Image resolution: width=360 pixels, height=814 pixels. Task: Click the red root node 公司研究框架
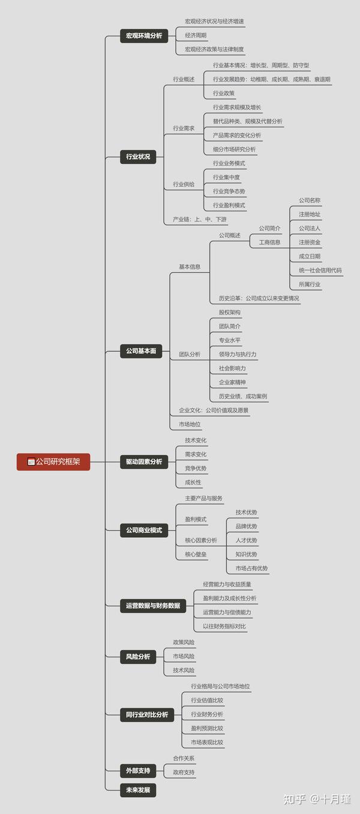(53, 462)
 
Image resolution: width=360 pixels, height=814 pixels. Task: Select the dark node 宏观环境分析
(144, 35)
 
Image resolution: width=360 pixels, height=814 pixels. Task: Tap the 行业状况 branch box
(138, 157)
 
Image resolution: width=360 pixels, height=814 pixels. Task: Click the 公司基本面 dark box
(141, 351)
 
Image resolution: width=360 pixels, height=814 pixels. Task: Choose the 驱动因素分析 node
(144, 462)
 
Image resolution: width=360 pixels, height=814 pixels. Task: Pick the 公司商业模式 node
(144, 530)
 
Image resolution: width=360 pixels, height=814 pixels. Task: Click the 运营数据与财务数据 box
(153, 606)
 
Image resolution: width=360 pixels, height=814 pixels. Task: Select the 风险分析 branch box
(138, 656)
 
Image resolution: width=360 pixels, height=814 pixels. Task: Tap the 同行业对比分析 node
(147, 714)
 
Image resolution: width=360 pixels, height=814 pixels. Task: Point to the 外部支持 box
(138, 770)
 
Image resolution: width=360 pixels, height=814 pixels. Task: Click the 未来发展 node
(138, 790)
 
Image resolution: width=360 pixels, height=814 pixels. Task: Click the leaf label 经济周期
(196, 35)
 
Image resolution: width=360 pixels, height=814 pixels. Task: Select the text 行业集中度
(226, 177)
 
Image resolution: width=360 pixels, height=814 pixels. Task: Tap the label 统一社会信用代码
(320, 270)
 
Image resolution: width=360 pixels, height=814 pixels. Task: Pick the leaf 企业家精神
(232, 382)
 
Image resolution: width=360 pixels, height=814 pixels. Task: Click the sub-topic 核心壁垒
(196, 554)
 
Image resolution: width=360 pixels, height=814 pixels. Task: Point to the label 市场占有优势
(252, 568)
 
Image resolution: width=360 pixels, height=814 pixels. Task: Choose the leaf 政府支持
(184, 772)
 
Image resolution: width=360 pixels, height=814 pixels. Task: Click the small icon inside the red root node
(31, 462)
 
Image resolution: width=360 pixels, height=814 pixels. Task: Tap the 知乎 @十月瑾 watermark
(317, 799)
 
